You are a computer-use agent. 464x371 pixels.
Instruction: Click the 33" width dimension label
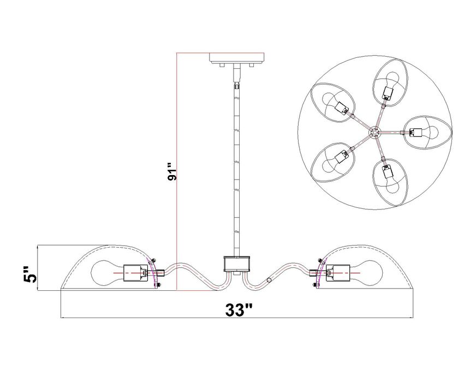click(x=239, y=310)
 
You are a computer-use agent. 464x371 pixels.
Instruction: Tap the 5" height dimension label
click(x=31, y=274)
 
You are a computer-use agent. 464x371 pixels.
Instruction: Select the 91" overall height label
click(x=171, y=171)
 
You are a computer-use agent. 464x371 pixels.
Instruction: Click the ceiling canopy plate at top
click(x=237, y=57)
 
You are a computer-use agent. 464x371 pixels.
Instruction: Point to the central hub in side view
click(x=237, y=264)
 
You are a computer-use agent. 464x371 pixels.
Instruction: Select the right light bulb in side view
click(x=366, y=273)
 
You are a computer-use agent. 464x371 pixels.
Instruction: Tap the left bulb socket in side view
click(x=135, y=273)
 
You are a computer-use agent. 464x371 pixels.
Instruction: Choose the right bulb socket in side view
click(x=338, y=273)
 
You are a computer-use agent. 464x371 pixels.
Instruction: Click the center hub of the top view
click(x=374, y=133)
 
